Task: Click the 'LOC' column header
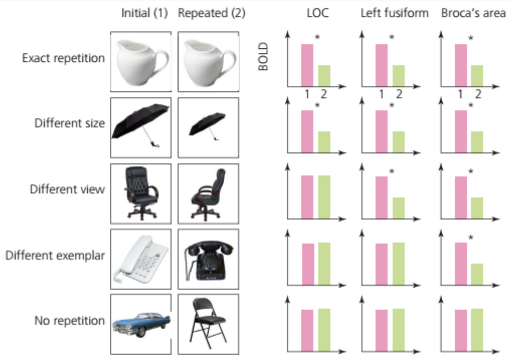click(317, 13)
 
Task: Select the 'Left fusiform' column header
click(394, 13)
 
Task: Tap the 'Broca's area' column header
click(473, 13)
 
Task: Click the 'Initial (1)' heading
click(144, 13)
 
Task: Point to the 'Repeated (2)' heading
click(212, 13)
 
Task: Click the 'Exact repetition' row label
click(63, 58)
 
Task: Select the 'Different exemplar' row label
click(55, 255)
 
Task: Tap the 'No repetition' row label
click(70, 321)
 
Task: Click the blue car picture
click(141, 325)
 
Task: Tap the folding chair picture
click(208, 321)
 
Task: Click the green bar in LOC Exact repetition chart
click(324, 76)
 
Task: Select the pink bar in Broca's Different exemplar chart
click(461, 264)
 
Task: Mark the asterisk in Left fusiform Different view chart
click(392, 172)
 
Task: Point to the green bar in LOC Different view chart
click(324, 197)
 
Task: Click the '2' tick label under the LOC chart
click(323, 94)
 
